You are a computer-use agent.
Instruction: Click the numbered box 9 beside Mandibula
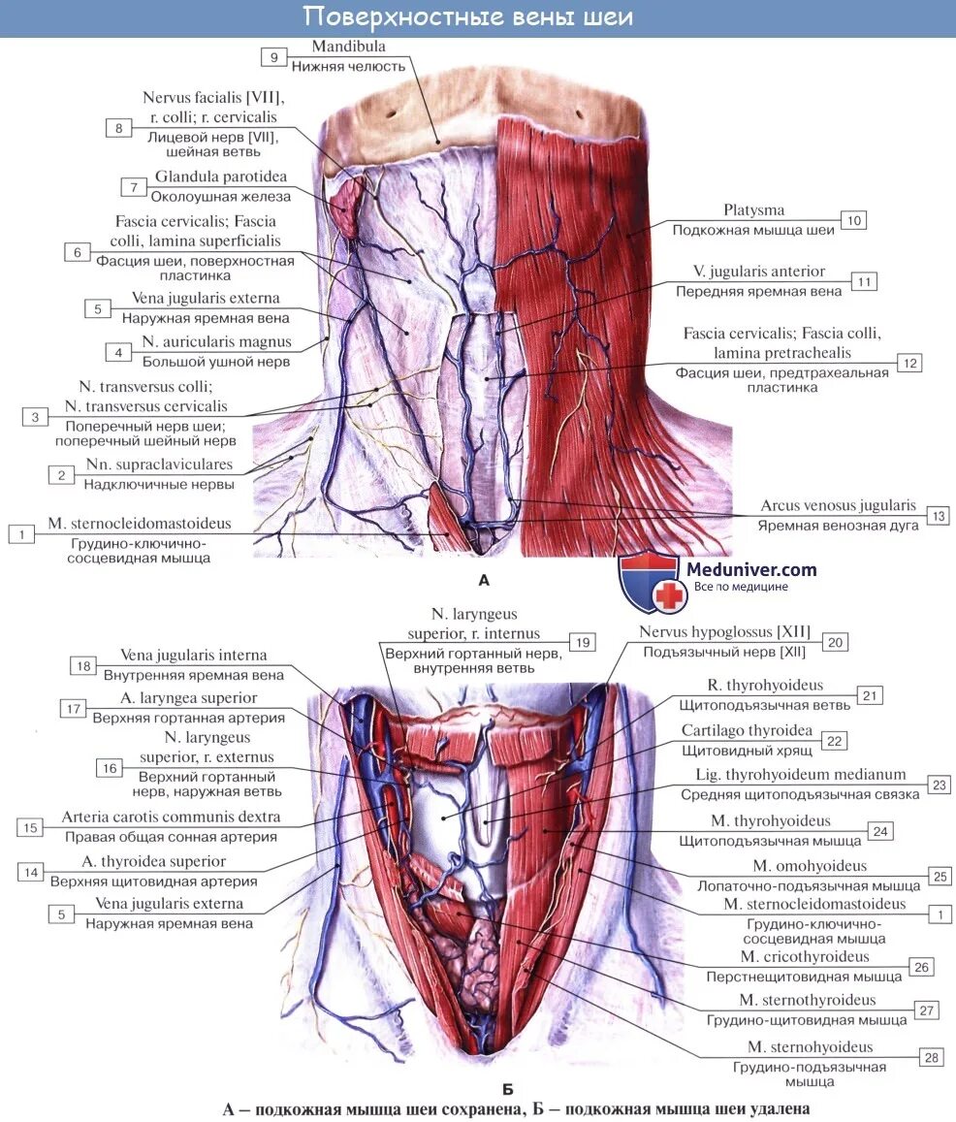(x=273, y=57)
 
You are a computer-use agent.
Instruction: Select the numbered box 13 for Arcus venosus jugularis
(x=937, y=516)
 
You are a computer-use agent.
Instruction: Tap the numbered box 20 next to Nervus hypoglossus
(x=835, y=641)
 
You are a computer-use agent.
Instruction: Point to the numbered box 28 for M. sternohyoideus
(x=932, y=1057)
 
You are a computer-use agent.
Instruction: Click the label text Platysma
(x=753, y=210)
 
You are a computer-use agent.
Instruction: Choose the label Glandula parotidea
(x=220, y=176)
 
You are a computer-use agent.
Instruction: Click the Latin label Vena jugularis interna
(x=193, y=656)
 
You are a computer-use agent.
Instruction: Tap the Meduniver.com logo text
(x=750, y=570)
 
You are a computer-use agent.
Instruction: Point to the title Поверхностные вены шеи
(x=467, y=16)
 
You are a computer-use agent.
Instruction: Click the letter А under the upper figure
(x=484, y=581)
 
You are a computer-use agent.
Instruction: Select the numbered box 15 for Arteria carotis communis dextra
(x=29, y=827)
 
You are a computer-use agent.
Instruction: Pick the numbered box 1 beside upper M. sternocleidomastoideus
(x=20, y=532)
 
